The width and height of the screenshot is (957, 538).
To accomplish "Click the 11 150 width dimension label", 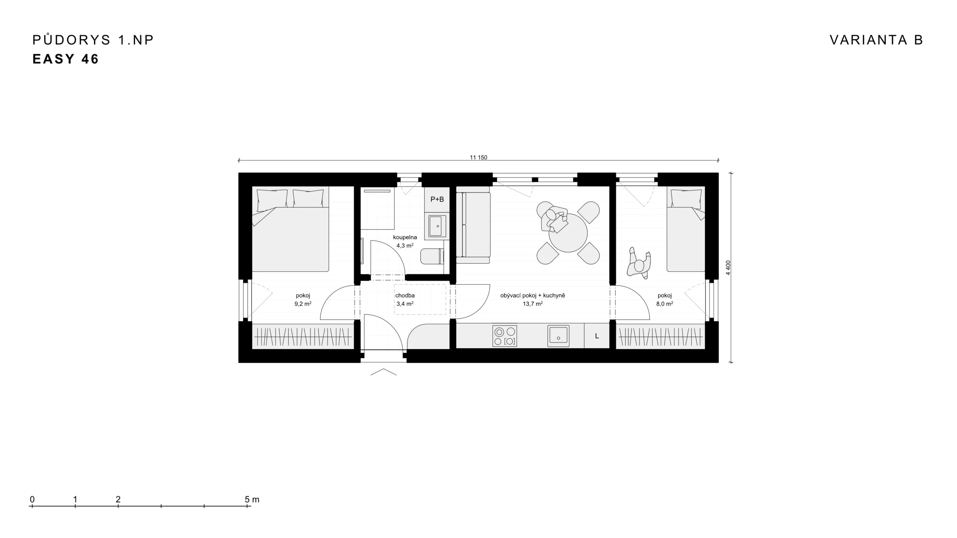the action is [478, 158].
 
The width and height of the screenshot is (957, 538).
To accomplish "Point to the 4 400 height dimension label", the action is [728, 268].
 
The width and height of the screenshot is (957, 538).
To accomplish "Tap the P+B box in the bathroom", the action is [437, 199].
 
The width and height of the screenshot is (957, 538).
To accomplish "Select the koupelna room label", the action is [405, 237].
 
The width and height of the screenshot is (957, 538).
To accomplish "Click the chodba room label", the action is [405, 296].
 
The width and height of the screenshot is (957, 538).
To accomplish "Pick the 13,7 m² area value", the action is [533, 304].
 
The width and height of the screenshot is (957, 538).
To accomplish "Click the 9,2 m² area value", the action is [303, 304].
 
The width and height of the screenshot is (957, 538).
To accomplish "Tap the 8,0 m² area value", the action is [665, 304].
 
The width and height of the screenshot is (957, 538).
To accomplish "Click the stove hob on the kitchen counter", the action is [505, 336].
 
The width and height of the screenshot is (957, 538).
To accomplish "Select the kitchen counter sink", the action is [558, 336].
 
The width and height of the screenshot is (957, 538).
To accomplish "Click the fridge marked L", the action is [597, 336].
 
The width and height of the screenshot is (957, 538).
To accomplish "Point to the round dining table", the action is [568, 233].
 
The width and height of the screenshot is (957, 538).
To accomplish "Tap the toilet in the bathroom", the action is [432, 256].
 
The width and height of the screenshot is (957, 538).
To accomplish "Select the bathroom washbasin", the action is [437, 226].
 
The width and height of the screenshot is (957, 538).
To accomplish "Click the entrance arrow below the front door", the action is [384, 372].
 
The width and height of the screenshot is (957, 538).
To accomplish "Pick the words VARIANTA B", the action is [876, 40].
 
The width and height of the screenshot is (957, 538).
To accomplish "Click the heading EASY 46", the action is [65, 59].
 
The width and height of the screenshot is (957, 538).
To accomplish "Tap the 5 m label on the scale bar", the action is [252, 499].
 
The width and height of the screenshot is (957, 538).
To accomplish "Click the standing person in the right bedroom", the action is [639, 263].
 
